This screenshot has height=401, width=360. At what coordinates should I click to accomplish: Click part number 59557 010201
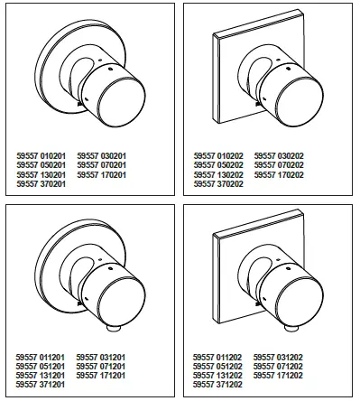pyautogui.click(x=43, y=155)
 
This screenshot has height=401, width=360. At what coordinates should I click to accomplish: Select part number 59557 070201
pyautogui.click(x=106, y=164)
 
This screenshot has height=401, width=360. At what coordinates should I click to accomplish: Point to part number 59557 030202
pyautogui.click(x=282, y=155)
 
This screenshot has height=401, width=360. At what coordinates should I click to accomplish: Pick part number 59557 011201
pyautogui.click(x=43, y=359)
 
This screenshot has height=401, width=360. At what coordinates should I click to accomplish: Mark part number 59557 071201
pyautogui.click(x=106, y=368)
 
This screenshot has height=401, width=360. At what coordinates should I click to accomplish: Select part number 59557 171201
pyautogui.click(x=106, y=377)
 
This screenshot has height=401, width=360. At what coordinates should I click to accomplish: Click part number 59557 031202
pyautogui.click(x=282, y=359)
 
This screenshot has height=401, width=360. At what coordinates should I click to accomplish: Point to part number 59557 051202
pyautogui.click(x=220, y=368)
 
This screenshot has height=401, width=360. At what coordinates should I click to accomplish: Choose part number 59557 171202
pyautogui.click(x=282, y=377)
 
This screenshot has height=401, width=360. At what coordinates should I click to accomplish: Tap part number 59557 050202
pyautogui.click(x=220, y=164)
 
